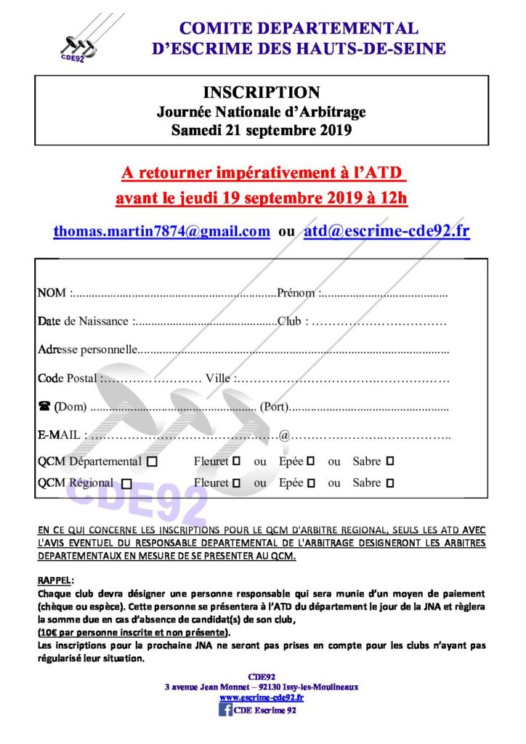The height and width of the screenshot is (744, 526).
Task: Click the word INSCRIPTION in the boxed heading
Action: pos(261,93)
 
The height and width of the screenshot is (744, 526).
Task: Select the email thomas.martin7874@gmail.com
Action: pos(161,231)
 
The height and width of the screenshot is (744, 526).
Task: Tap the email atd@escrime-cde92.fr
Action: pos(387,231)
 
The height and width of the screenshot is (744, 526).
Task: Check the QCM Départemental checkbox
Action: pos(152,461)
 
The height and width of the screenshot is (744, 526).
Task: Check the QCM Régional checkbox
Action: pos(127,483)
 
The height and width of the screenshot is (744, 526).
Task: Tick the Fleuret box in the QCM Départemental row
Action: pos(236,461)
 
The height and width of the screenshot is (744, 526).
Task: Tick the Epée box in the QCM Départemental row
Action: pos(310,461)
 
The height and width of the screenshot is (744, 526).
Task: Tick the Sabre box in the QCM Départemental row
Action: pos(390,461)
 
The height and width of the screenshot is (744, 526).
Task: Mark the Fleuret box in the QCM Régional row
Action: pos(236,483)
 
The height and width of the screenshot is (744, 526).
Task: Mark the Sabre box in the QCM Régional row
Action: pos(390,483)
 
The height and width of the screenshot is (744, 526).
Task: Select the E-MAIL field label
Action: pos(60,435)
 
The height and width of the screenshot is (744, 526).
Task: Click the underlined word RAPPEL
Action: pos(54,581)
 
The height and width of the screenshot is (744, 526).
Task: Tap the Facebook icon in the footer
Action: pos(225,710)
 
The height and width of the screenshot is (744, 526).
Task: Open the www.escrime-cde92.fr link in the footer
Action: pos(262,697)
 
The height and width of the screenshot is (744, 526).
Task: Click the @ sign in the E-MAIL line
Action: pos(285,435)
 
